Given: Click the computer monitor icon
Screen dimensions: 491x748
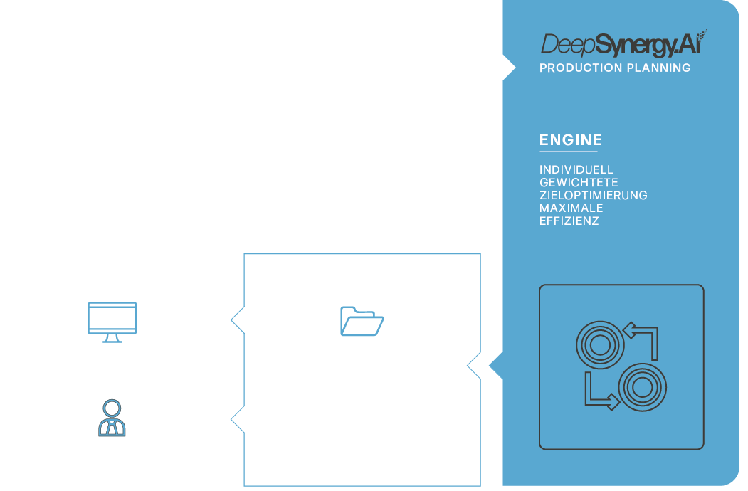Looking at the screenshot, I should coord(112,321).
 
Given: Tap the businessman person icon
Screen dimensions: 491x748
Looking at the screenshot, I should coord(112,418).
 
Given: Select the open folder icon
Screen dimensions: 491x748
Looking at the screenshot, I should coord(362,321).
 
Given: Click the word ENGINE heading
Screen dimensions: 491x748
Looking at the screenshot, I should coord(571,140).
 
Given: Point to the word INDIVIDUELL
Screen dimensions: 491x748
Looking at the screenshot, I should coord(576,170).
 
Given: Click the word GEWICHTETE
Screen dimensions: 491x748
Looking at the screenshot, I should coord(579,183).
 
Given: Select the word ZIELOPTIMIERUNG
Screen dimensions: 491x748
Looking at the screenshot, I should coord(593,196).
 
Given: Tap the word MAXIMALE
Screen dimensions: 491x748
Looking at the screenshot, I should coord(571,208).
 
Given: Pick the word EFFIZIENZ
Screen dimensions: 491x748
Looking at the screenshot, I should coord(569,221).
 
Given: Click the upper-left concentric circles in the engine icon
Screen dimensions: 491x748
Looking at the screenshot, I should coord(599,345).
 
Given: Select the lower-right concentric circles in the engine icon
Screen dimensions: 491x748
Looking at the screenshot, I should coord(641,388).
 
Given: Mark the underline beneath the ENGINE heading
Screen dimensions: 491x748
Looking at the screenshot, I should coord(568,151).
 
